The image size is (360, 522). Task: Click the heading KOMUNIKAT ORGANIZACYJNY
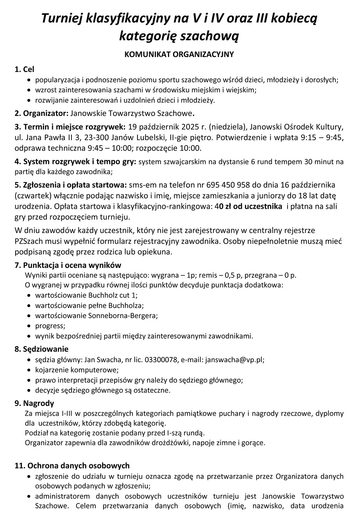pyautogui.click(x=179, y=54)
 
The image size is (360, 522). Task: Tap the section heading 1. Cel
pyautogui.click(x=24, y=69)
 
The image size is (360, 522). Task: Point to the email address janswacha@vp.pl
pyautogui.click(x=234, y=360)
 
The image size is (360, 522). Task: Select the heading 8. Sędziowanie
pyautogui.click(x=41, y=349)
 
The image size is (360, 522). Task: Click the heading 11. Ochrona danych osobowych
pyautogui.click(x=72, y=466)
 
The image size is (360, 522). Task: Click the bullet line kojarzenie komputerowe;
pyautogui.click(x=77, y=370)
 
